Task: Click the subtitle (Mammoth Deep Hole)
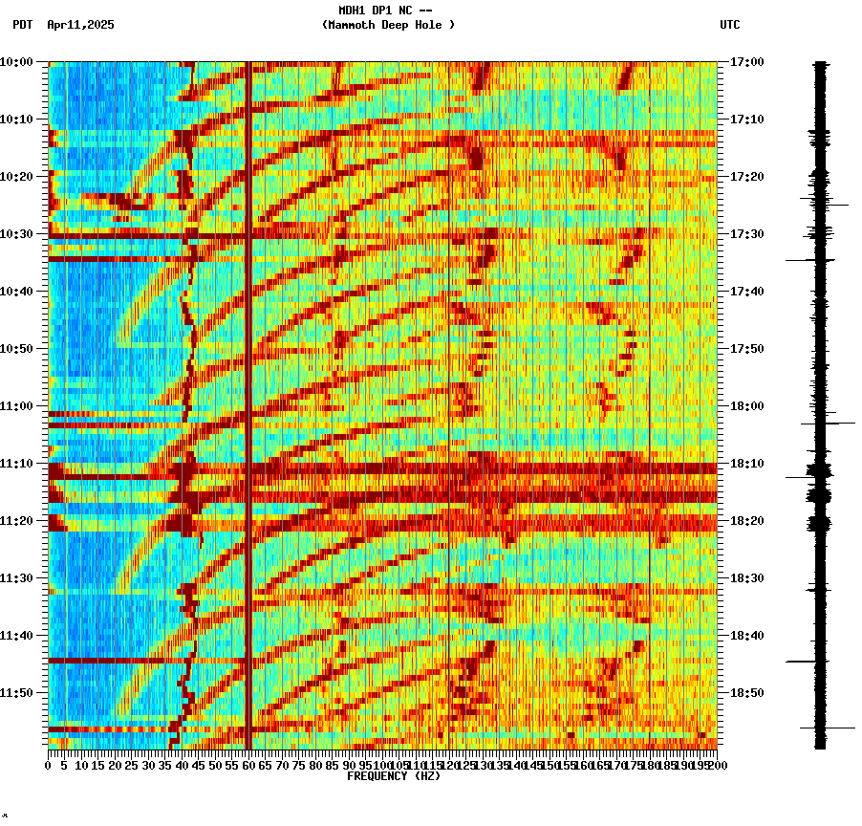click(x=388, y=25)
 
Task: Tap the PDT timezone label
click(x=22, y=25)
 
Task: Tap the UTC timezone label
click(x=729, y=25)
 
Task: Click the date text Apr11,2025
click(x=80, y=25)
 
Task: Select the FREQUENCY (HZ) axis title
click(x=393, y=776)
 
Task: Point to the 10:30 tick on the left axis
click(x=16, y=234)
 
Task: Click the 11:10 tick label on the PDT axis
click(x=16, y=464)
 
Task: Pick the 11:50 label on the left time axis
click(x=16, y=693)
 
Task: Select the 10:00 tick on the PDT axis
click(x=16, y=62)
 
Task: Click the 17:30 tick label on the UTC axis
click(x=746, y=234)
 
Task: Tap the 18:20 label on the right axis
click(x=746, y=521)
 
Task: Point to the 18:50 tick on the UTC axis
click(x=746, y=693)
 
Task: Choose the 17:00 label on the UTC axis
click(x=746, y=62)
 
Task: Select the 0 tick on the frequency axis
click(x=49, y=766)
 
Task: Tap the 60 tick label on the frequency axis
click(x=248, y=766)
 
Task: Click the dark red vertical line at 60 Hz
click(x=248, y=382)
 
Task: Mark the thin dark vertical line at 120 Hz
click(x=449, y=382)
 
